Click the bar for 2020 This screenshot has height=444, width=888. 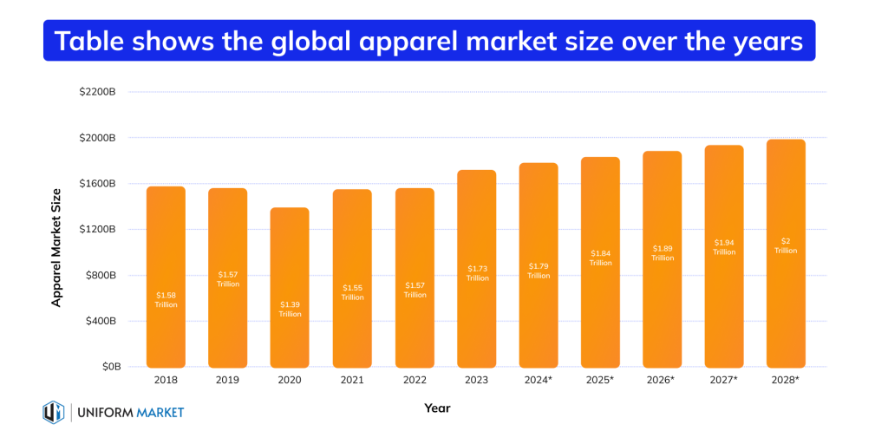(x=290, y=287)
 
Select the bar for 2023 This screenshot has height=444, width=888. (x=476, y=269)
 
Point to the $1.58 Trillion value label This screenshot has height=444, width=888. (x=166, y=300)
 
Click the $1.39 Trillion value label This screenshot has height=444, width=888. (x=290, y=309)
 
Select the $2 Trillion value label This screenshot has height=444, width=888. (x=786, y=245)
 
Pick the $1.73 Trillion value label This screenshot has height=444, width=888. (x=476, y=273)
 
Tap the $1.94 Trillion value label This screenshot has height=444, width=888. (x=724, y=247)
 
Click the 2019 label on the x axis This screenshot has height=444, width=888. (x=228, y=381)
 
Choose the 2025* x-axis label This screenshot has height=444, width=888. (x=600, y=381)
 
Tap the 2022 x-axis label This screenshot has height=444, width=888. (x=414, y=381)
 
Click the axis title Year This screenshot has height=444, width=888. (x=437, y=408)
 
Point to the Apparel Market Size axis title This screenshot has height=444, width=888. (x=57, y=246)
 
